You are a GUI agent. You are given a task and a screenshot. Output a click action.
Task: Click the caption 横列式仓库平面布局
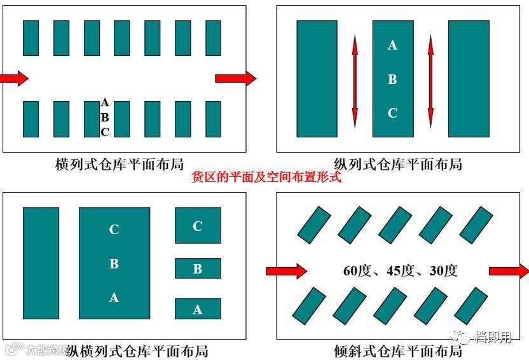click(120, 163)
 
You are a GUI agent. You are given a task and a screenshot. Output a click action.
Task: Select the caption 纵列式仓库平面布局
click(398, 163)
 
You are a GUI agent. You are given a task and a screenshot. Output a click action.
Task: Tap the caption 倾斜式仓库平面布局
click(398, 350)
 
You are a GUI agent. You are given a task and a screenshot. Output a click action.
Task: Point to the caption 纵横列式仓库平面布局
click(137, 350)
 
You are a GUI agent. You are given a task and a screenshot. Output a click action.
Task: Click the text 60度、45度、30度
click(400, 270)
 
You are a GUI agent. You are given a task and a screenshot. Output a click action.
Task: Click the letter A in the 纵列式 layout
click(392, 45)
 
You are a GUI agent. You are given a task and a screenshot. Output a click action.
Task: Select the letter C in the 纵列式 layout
click(392, 113)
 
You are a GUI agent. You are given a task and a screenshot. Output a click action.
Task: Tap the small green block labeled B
click(198, 268)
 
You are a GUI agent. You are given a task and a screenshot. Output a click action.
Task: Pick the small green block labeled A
click(198, 309)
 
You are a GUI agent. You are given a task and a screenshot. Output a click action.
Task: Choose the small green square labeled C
click(198, 225)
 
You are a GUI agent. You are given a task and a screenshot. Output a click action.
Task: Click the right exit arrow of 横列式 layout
click(235, 78)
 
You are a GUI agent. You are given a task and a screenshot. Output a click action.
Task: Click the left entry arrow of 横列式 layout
click(13, 78)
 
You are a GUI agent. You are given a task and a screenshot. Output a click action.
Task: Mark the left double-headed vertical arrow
click(355, 80)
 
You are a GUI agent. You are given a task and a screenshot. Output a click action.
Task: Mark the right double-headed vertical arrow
click(430, 80)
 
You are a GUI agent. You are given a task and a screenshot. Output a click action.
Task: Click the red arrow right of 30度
click(508, 271)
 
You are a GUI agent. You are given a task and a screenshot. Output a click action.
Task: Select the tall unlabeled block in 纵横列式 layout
click(41, 263)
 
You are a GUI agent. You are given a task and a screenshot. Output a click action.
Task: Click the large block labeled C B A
click(114, 263)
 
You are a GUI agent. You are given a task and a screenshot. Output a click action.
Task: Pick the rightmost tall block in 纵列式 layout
click(469, 79)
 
